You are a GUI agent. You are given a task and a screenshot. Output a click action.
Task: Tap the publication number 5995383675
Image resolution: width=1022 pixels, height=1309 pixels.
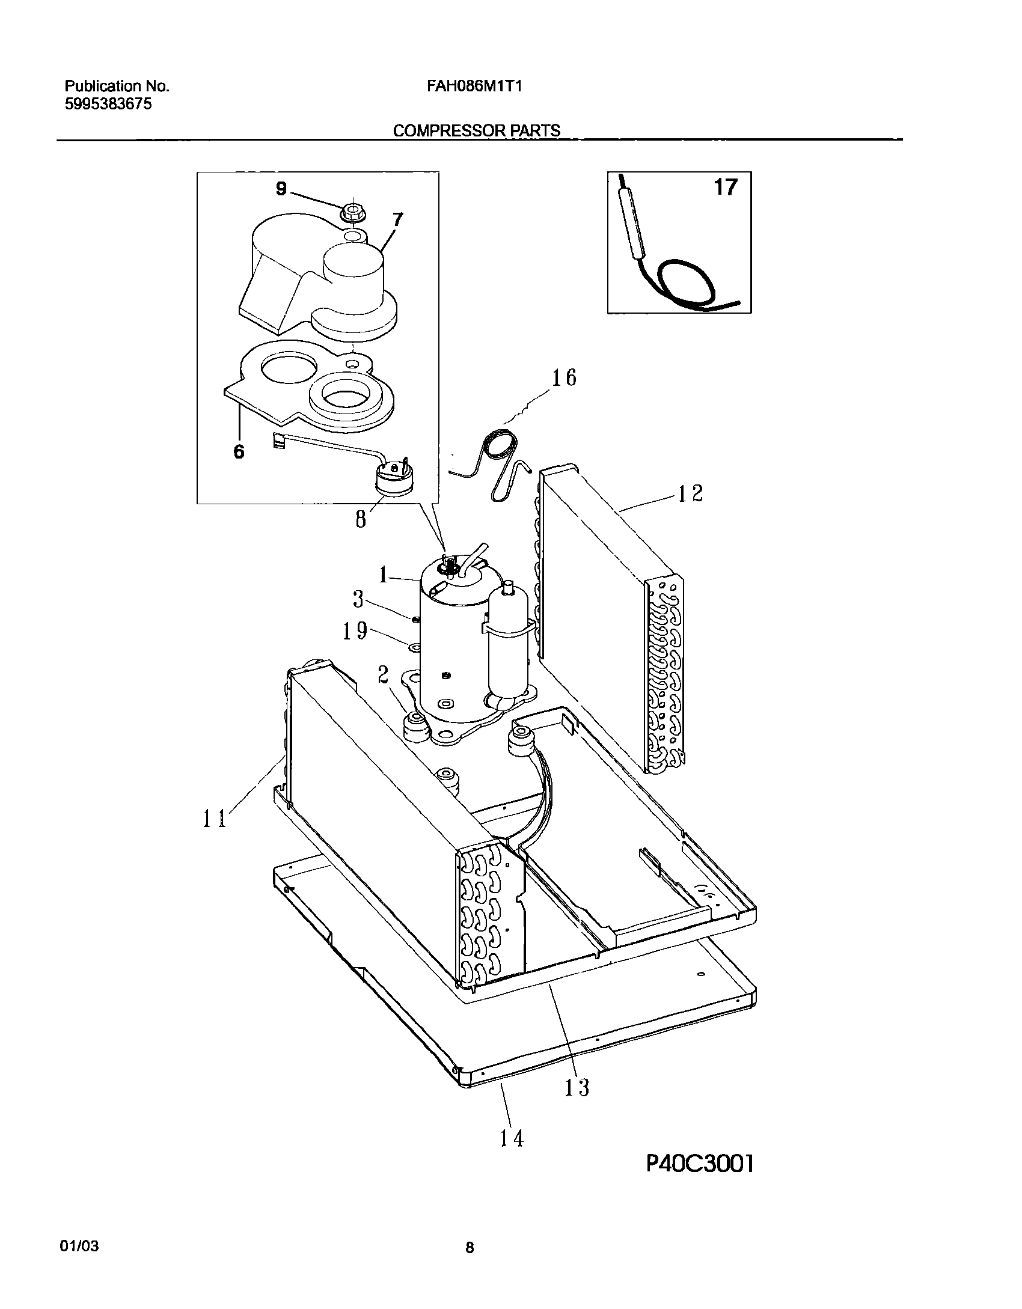click(x=108, y=104)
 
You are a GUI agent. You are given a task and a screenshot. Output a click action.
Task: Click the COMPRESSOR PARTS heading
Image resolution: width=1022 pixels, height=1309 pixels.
click(x=476, y=130)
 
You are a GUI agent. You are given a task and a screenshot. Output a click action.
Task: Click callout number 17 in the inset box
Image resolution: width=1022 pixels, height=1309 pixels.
click(x=725, y=188)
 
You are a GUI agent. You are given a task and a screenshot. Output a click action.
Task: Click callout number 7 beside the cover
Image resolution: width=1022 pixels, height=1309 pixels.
click(x=397, y=221)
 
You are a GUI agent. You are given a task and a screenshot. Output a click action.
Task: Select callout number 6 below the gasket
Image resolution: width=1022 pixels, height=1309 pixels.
click(x=239, y=451)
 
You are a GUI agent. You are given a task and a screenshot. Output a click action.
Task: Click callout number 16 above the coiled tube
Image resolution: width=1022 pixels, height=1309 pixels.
click(x=564, y=377)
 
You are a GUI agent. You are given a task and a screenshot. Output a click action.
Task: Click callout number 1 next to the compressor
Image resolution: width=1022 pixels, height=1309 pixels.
click(x=383, y=575)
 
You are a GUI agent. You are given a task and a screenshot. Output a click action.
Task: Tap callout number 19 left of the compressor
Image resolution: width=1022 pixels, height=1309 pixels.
click(x=355, y=630)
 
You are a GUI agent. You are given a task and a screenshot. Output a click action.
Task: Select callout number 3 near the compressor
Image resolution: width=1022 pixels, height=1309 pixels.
click(x=358, y=599)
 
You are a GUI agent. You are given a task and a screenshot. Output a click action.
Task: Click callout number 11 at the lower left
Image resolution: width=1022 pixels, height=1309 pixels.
click(x=214, y=818)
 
